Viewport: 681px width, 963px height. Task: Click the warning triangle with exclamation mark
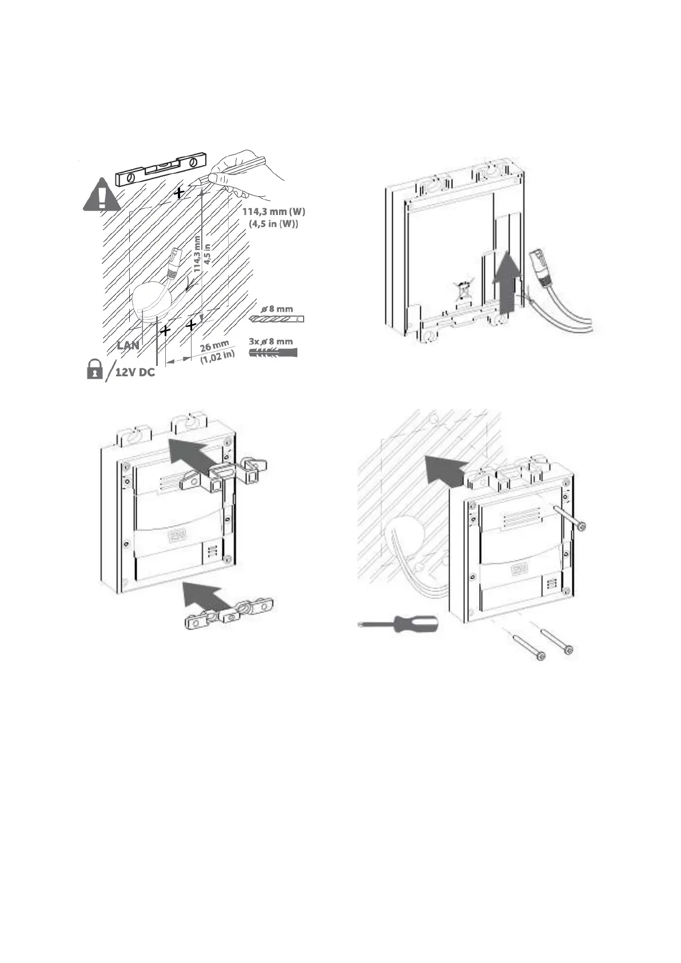pos(102,195)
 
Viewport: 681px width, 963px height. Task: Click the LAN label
pos(128,345)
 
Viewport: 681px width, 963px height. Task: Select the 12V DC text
pos(135,372)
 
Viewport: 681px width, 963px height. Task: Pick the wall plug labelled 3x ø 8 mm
pos(274,353)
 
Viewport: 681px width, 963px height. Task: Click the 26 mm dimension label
pos(214,346)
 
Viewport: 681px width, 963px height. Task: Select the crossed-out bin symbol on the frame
pos(462,291)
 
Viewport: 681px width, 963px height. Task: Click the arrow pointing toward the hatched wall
pos(445,467)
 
